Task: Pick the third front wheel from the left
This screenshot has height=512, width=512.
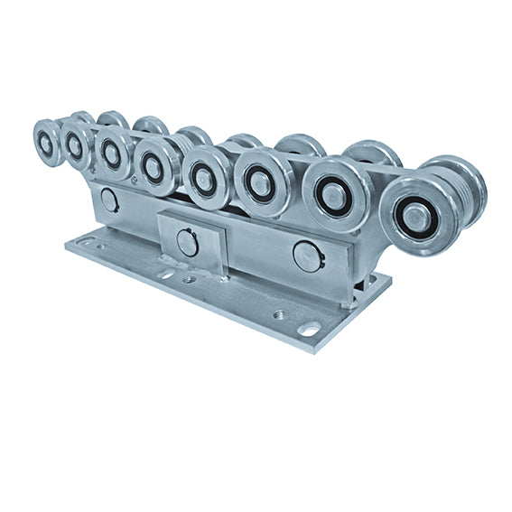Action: point(112,152)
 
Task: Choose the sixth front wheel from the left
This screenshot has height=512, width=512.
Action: point(262,182)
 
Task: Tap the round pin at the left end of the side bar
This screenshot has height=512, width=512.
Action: point(110,200)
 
